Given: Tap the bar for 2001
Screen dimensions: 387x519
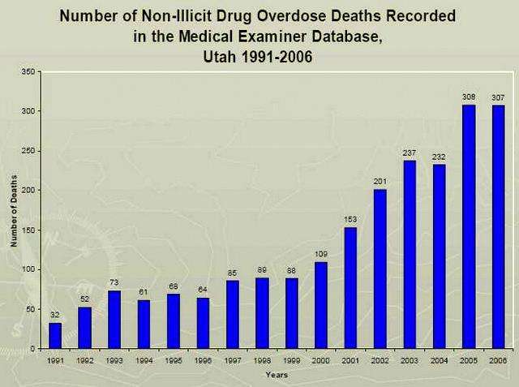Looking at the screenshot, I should (350, 288).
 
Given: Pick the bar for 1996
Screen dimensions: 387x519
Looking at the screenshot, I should (203, 323).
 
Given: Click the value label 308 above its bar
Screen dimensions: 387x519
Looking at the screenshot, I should (469, 97).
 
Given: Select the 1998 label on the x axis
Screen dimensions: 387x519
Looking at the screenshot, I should (262, 359).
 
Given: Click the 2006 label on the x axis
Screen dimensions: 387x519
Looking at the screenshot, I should (498, 359).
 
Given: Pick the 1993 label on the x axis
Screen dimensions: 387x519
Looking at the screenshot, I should (114, 359).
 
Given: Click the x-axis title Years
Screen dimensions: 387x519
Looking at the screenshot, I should (275, 375).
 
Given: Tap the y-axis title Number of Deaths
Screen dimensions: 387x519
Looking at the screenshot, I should (14, 210).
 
